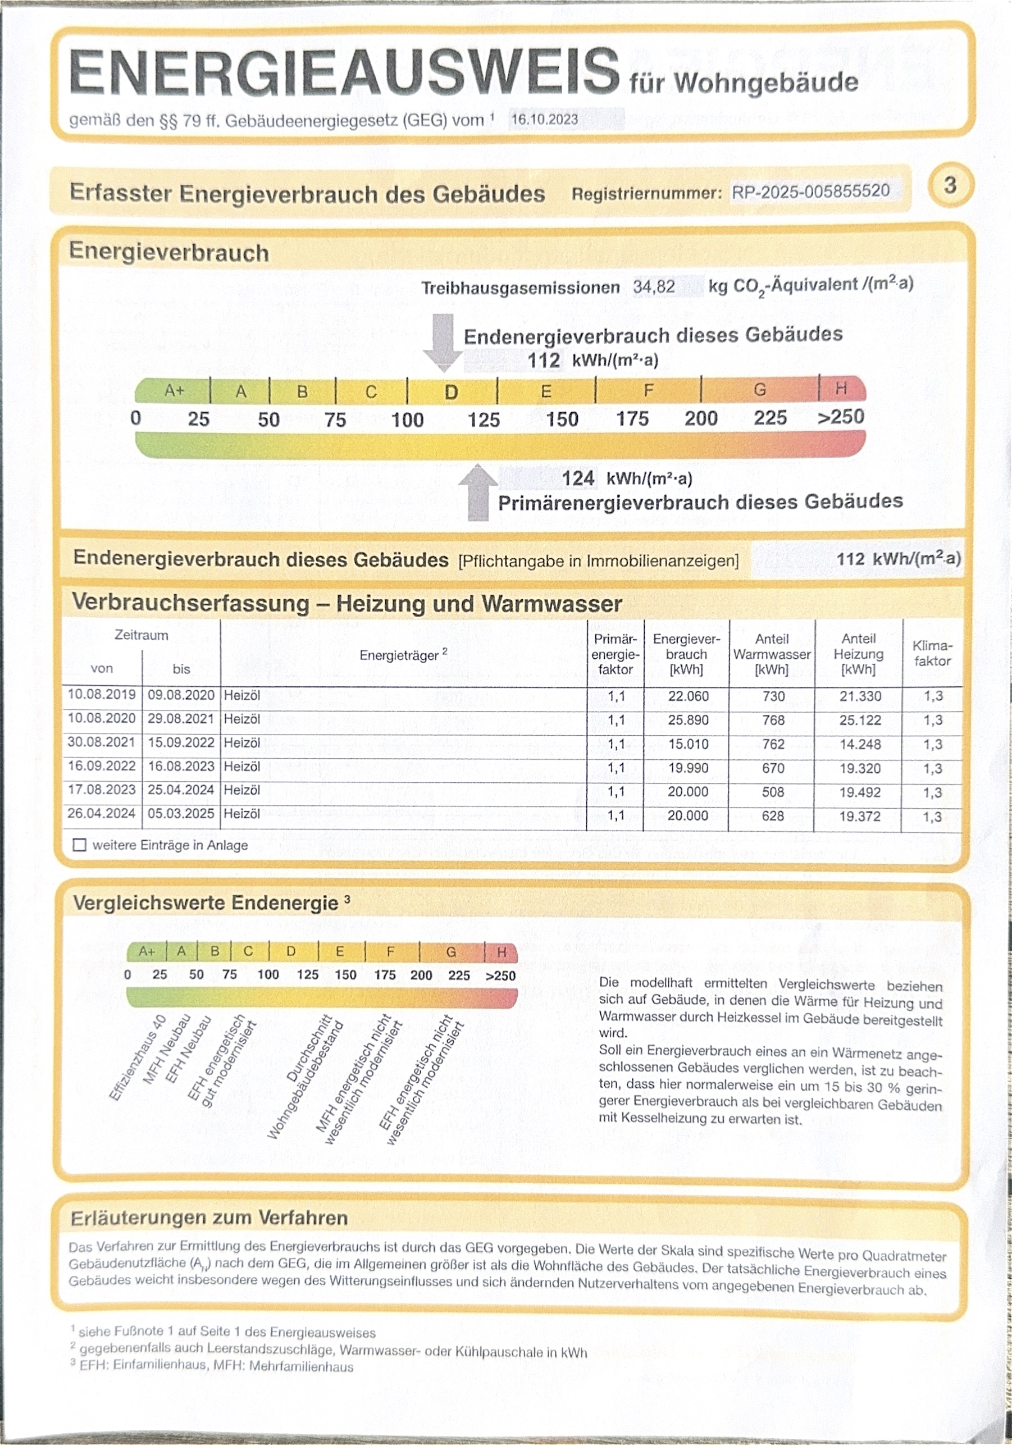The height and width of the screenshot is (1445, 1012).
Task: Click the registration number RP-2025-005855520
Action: (810, 192)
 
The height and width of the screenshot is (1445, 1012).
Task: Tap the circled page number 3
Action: (950, 185)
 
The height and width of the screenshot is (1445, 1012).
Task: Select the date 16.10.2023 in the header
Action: (544, 119)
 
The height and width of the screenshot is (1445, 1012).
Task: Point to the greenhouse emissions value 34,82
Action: (654, 288)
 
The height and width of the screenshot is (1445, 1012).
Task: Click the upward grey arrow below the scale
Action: (478, 491)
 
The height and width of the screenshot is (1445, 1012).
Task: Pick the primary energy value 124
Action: (578, 479)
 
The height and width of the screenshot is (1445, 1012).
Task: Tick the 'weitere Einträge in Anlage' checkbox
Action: (79, 845)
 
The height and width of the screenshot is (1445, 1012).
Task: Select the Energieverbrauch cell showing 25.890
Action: (688, 720)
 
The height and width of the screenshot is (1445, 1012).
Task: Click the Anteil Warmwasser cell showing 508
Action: (773, 792)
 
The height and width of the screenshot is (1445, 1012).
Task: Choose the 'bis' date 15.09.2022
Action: (181, 742)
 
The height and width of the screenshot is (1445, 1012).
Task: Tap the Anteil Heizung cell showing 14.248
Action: (860, 744)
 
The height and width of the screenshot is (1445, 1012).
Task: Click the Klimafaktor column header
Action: (932, 653)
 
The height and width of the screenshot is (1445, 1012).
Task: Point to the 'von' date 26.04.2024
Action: (101, 814)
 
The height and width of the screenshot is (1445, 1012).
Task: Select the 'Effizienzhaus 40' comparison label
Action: (137, 1058)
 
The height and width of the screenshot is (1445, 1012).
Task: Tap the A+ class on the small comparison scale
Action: (147, 951)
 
